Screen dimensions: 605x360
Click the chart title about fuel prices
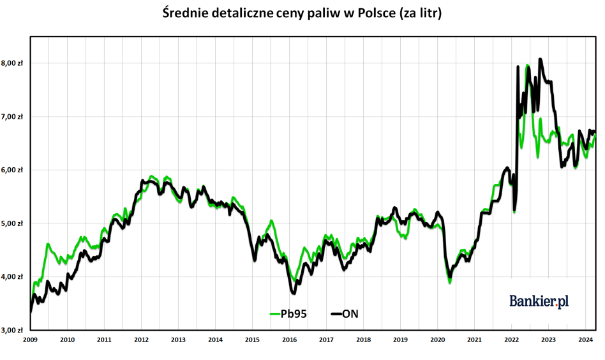(302, 13)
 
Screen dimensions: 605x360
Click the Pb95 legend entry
(288, 313)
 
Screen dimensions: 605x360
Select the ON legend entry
(345, 313)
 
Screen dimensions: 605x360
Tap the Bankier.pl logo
(539, 301)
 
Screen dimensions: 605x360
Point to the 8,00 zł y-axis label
(12, 63)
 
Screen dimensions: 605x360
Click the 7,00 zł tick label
(12, 117)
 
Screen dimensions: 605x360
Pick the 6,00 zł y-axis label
(12, 170)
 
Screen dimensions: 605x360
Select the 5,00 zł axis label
(12, 223)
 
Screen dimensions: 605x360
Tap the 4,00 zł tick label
(12, 276)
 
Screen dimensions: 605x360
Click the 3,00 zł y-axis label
(12, 330)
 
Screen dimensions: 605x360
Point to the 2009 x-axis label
(30, 340)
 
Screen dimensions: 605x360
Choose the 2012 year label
(141, 340)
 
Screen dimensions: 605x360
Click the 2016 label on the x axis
(289, 340)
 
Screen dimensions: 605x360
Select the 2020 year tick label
(438, 340)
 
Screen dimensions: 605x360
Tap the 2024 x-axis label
(586, 340)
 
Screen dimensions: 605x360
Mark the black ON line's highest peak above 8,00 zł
(540, 59)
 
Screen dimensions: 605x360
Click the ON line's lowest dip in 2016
(294, 293)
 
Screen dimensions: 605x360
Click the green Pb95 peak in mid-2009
(47, 244)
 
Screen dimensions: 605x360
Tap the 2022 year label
(512, 340)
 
